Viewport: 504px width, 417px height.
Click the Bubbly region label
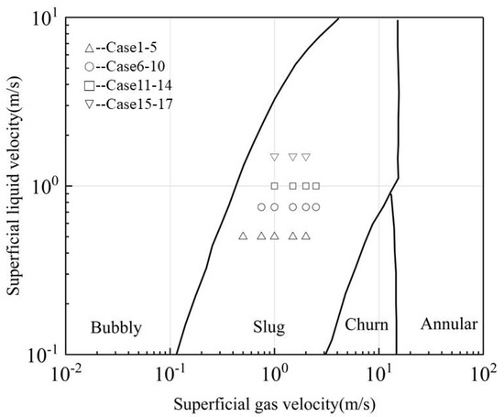click(112, 325)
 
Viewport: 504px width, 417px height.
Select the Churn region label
click(367, 325)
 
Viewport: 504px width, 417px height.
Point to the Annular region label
click(448, 324)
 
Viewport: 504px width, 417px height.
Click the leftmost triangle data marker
click(243, 236)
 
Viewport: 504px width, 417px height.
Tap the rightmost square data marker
click(316, 186)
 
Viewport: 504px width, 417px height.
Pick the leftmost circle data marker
click(261, 207)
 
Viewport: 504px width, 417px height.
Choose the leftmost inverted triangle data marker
click(274, 158)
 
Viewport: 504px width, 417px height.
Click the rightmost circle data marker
click(316, 207)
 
